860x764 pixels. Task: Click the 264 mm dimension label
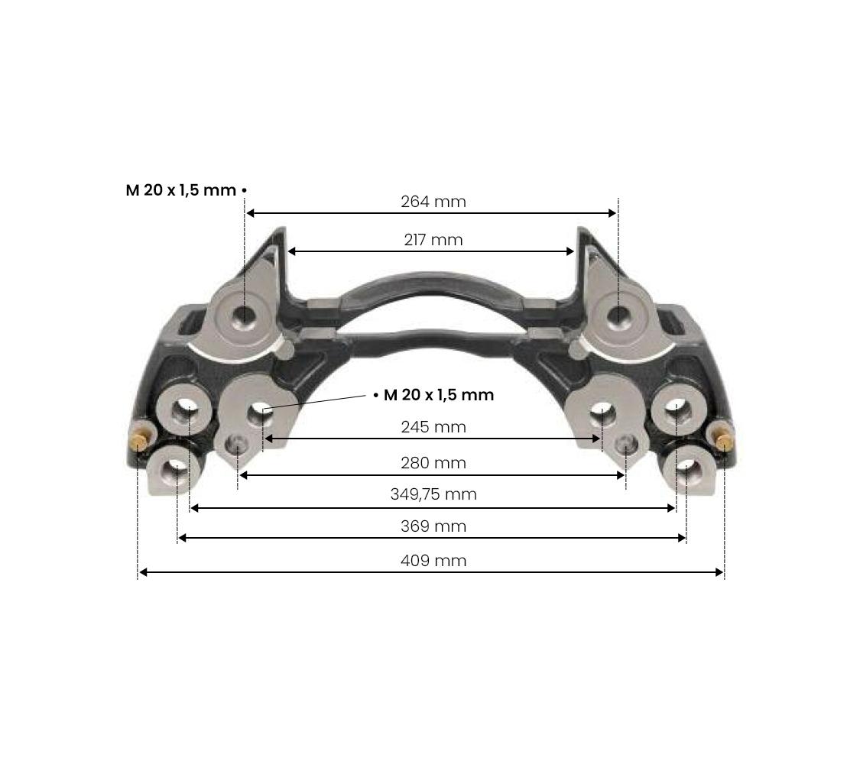point(433,202)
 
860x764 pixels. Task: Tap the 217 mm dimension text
point(433,240)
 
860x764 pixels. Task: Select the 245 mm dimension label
point(433,427)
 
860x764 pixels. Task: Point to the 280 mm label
point(433,463)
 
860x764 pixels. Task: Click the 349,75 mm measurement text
point(433,494)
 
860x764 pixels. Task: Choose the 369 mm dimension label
point(433,526)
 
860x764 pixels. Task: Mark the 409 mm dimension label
point(433,561)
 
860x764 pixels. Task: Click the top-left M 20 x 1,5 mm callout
point(181,190)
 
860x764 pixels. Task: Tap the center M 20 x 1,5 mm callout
point(439,394)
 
